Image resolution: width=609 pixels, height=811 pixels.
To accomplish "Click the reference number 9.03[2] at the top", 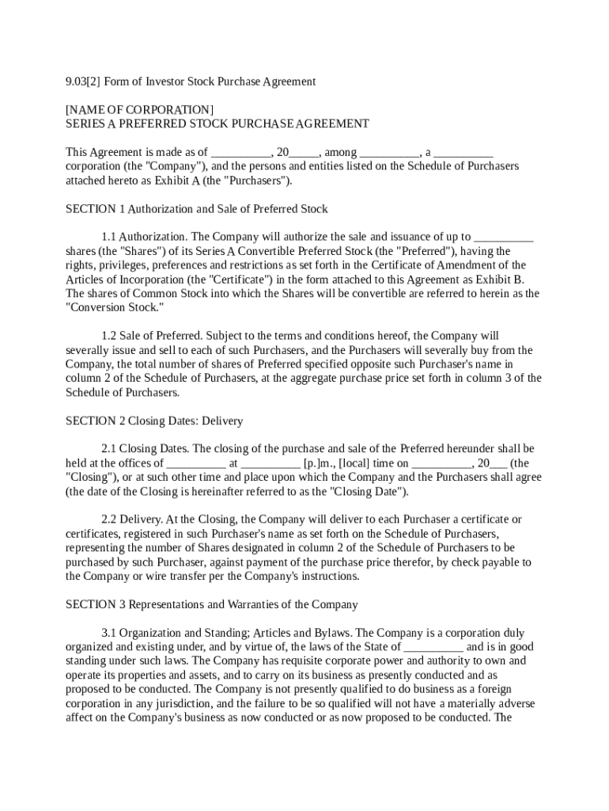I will (82, 82).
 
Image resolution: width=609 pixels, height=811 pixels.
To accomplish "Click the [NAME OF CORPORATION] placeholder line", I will (139, 109).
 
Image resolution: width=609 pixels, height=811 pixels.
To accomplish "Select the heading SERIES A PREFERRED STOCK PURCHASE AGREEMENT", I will (217, 124).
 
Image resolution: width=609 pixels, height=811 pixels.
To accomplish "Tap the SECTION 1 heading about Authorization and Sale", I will (196, 209).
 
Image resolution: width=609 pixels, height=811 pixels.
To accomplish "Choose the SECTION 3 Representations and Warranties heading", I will (211, 604).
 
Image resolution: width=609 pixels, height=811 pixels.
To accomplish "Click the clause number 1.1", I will (109, 237).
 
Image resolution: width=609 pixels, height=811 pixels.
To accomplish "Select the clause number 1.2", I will (109, 336).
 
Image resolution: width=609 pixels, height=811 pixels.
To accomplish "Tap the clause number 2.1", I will (109, 449).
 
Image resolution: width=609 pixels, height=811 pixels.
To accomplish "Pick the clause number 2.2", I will (109, 520).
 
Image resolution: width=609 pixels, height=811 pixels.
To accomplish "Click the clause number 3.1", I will (109, 633).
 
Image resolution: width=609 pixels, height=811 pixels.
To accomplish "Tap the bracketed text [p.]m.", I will (321, 463).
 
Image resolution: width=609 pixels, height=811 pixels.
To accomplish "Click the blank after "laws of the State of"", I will (433, 647).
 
